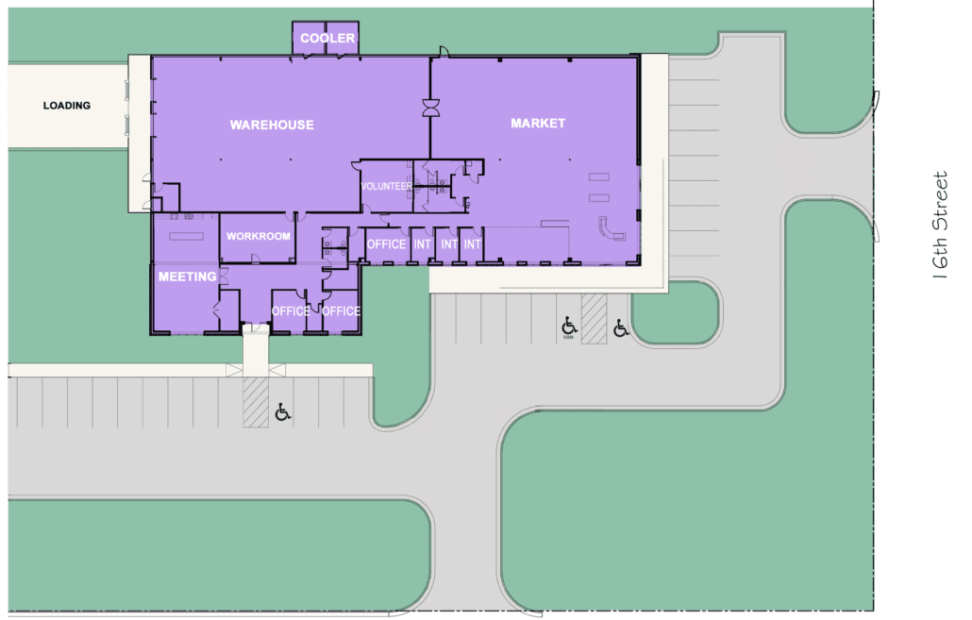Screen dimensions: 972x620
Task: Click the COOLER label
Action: (327, 38)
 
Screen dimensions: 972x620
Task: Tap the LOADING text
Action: (67, 106)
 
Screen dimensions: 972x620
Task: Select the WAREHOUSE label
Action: (272, 125)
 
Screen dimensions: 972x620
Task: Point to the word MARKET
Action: (538, 124)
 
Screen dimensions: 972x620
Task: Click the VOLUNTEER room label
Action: (386, 186)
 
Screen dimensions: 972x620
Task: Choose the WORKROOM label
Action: (258, 236)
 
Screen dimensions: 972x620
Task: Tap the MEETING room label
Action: (187, 276)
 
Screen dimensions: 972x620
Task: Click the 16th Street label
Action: (940, 225)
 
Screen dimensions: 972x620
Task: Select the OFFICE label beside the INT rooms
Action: (386, 244)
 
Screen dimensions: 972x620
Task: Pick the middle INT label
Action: (449, 244)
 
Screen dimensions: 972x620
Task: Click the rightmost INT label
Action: (473, 244)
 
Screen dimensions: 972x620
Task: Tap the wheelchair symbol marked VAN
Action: (569, 326)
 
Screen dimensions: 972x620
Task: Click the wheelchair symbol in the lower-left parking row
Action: (283, 411)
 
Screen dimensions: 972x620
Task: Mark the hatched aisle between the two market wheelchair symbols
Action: (594, 319)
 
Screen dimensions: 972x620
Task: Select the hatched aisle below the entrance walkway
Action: (256, 402)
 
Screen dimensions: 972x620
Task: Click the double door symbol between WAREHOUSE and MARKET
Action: (431, 108)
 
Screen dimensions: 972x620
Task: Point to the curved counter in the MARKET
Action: (611, 228)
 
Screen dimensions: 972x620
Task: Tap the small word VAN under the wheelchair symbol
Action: (568, 337)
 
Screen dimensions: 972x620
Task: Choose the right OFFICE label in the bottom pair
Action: (341, 311)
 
